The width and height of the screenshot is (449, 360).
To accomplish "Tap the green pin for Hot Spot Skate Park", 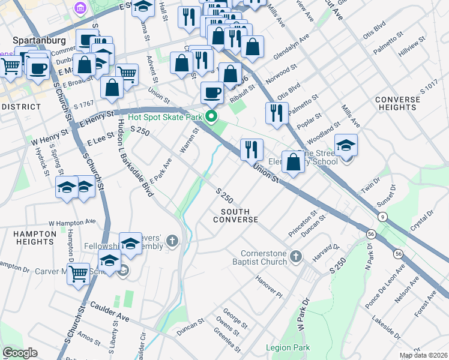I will tap(211, 116).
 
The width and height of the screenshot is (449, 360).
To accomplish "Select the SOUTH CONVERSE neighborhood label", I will tap(239, 215).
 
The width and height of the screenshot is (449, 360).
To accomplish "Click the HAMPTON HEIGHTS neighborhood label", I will tap(28, 237).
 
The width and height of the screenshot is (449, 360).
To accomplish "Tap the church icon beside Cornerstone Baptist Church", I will tap(295, 257).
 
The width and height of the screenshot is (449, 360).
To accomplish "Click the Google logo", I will tap(20, 353).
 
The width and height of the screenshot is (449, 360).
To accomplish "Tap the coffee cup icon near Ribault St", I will tap(211, 93).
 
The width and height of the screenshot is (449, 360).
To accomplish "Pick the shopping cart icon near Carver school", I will tap(78, 275).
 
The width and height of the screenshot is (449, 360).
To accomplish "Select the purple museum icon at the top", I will tap(79, 8).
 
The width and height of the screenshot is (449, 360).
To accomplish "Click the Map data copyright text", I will tap(423, 355).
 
